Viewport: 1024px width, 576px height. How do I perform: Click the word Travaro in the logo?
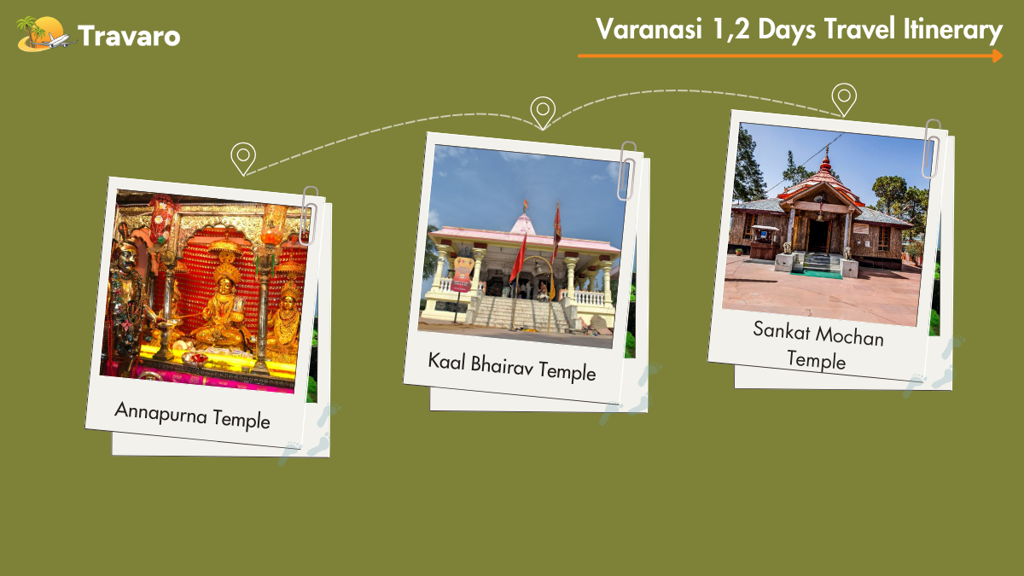pyautogui.click(x=130, y=36)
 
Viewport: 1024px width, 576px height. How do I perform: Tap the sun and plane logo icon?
pyautogui.click(x=44, y=34)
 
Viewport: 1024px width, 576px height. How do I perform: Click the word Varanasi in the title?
pyautogui.click(x=649, y=29)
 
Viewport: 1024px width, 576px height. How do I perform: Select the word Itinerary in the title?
pyautogui.click(x=952, y=30)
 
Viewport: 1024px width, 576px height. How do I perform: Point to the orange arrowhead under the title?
pyautogui.click(x=998, y=56)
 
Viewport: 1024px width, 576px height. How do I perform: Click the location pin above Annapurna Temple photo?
pyautogui.click(x=243, y=159)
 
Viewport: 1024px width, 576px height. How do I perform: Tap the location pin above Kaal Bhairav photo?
pyautogui.click(x=543, y=113)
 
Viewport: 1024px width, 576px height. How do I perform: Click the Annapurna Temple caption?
pyautogui.click(x=192, y=415)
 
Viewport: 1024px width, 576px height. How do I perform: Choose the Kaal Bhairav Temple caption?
pyautogui.click(x=512, y=367)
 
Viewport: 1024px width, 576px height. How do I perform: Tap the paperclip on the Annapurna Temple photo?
pyautogui.click(x=310, y=215)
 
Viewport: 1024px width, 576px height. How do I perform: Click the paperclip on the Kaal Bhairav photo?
pyautogui.click(x=626, y=171)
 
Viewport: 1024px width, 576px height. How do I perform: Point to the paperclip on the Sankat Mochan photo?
pyautogui.click(x=931, y=148)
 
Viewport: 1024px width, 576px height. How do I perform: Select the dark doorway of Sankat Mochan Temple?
pyautogui.click(x=817, y=236)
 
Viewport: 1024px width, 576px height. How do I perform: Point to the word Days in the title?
pyautogui.click(x=787, y=30)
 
